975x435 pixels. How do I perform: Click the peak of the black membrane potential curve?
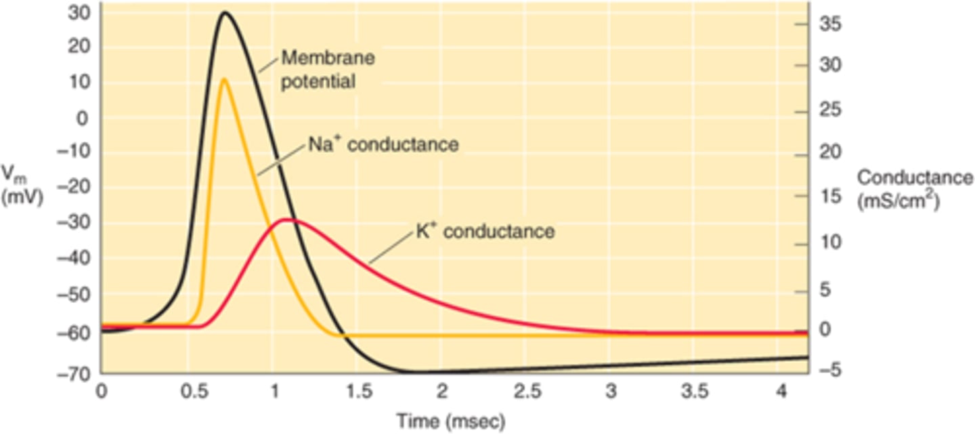[x=225, y=12]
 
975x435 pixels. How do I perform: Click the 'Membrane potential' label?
[x=328, y=70]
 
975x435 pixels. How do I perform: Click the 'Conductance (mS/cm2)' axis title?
[x=913, y=188]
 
